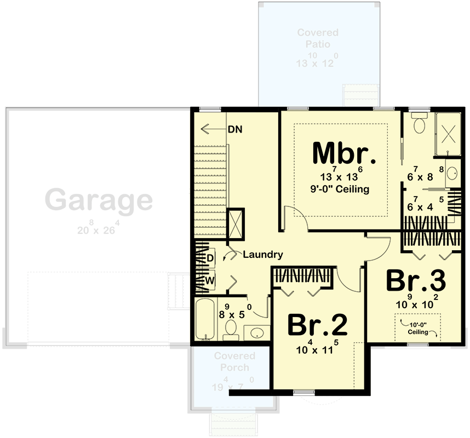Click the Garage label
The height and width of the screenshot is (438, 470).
99,200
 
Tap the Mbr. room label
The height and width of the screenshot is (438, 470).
345,153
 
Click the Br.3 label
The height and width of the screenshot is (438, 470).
416,281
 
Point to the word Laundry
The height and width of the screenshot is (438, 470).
262,255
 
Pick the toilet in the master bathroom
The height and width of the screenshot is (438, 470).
420,124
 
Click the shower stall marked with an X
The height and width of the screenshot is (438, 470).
449,132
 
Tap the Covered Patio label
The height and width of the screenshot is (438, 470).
318,38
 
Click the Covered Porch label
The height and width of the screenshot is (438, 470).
231,362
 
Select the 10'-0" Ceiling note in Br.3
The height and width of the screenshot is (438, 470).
419,328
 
